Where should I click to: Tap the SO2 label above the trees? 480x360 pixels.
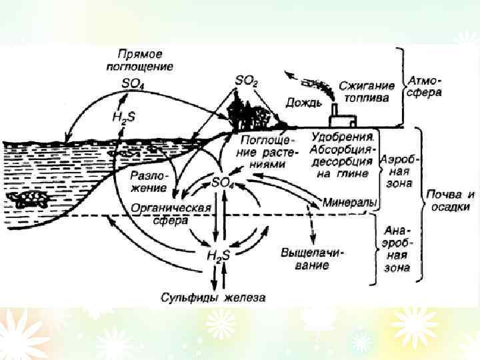coord(246,80)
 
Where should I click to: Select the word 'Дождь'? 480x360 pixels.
coord(304,103)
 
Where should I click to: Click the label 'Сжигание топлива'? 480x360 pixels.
coord(367,92)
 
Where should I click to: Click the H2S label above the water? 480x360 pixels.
coord(123,116)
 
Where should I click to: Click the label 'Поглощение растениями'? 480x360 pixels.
coord(265,146)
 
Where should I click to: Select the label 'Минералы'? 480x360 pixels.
coord(351,201)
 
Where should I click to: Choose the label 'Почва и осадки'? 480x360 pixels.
coord(451,201)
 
